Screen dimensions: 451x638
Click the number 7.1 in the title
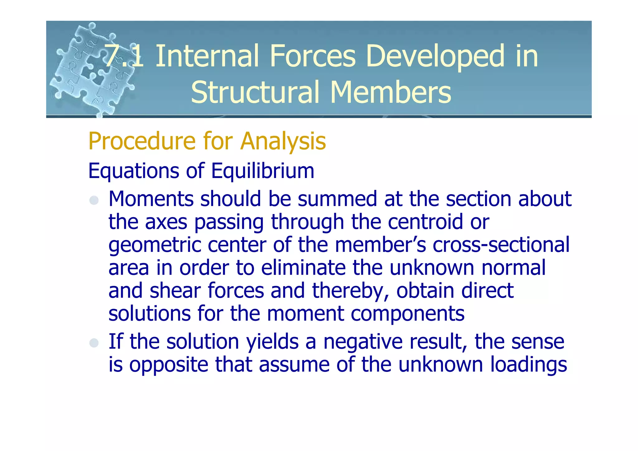coord(124,56)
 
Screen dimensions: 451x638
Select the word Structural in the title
coord(255,92)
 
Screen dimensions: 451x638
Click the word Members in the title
coord(390,92)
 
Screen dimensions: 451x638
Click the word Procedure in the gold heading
coord(142,141)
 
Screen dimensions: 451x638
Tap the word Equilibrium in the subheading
coord(263,171)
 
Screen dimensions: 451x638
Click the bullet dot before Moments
coord(94,200)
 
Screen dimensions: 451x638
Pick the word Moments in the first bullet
coord(151,199)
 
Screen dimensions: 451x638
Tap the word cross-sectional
coord(501,245)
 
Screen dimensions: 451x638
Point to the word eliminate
coord(303,268)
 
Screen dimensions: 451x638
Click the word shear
coord(175,290)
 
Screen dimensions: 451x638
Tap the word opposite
coord(169,365)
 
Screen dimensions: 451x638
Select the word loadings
coord(528,365)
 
